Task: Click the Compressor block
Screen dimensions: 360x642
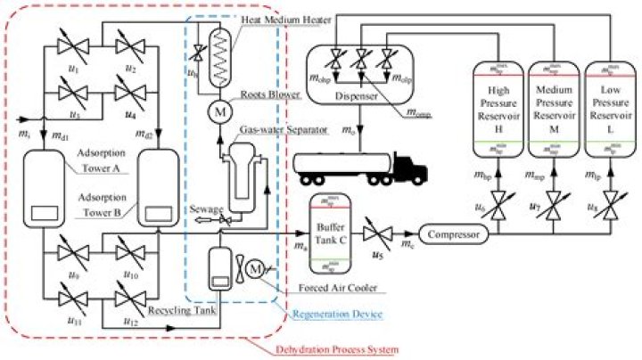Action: [452, 235]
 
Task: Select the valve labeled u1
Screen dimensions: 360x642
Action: [75, 45]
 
